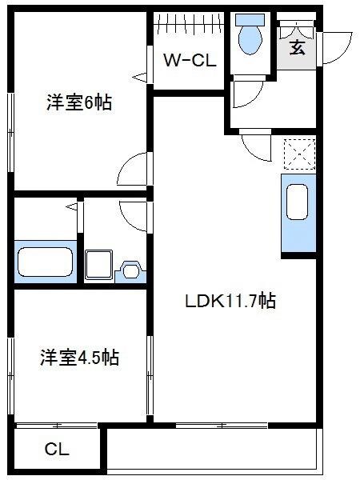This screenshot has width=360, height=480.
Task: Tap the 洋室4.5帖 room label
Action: pos(80,357)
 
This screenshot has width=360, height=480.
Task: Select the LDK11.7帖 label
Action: pos(231,302)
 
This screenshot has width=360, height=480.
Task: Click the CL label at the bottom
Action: pos(57,450)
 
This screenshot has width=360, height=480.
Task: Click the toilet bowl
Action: pos(250,38)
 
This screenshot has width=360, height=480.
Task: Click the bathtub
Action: pos(45,261)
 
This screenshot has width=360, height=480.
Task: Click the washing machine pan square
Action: pos(99,263)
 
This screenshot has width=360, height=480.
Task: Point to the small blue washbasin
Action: pos(130,269)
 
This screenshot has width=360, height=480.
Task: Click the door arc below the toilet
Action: pos(242,97)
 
